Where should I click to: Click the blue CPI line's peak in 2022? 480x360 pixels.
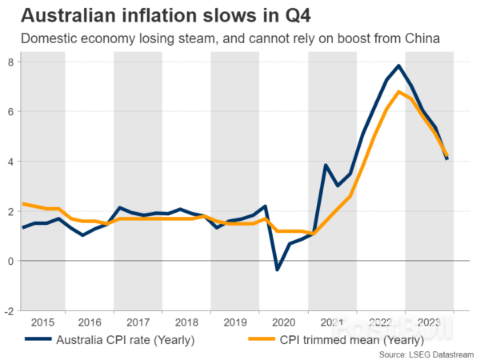[x=399, y=66]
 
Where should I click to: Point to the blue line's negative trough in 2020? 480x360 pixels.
[x=278, y=270]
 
